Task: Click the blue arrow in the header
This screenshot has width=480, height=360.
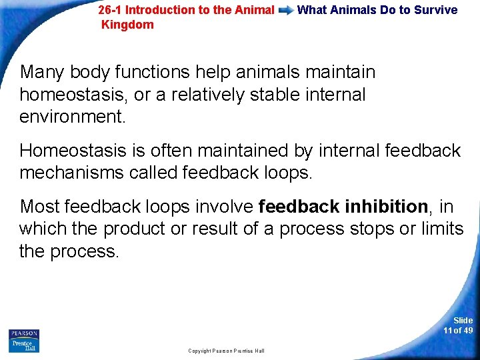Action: pos(286,11)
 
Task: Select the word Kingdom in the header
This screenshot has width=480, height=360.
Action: pos(127,25)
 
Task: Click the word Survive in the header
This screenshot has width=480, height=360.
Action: pos(436,10)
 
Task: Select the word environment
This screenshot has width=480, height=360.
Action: pos(72,117)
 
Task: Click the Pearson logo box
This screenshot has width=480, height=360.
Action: pos(24,340)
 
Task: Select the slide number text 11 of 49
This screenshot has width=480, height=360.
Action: pos(458,330)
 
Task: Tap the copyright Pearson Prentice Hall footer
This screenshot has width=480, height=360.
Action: pos(226,351)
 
